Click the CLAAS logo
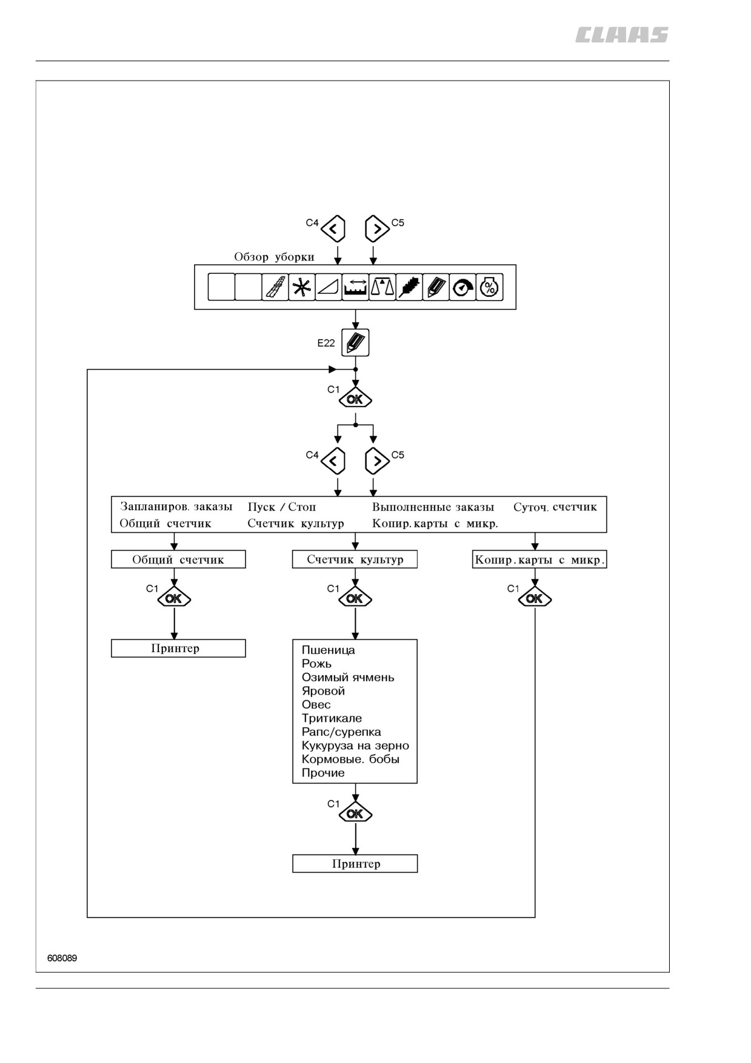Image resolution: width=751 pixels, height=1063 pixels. [622, 35]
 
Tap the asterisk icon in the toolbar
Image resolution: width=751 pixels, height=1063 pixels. [301, 287]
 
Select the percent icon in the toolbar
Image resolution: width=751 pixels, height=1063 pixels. [489, 287]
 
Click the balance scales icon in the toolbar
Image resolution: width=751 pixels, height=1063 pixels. [382, 287]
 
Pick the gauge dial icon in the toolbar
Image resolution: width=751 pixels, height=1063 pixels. [462, 287]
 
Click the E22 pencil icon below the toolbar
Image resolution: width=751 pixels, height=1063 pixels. [355, 343]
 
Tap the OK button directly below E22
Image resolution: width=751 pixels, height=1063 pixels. [355, 399]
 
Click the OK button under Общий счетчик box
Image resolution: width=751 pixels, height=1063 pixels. [174, 598]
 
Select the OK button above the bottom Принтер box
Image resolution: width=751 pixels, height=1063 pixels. [355, 813]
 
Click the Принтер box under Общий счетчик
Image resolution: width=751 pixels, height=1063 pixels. [178, 648]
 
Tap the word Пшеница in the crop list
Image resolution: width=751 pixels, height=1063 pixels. [329, 650]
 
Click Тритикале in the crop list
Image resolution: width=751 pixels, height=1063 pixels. [332, 718]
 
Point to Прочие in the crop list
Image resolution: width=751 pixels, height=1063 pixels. [323, 773]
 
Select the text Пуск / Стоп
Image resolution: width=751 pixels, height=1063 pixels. [282, 507]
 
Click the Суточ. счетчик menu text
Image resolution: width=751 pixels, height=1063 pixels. [555, 507]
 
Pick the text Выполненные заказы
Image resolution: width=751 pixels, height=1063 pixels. [433, 507]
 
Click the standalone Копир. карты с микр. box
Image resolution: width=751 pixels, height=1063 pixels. [539, 559]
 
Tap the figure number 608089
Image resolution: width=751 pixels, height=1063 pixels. [62, 958]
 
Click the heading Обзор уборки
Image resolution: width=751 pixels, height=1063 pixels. [274, 257]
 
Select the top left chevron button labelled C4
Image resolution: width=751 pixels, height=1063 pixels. [333, 229]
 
